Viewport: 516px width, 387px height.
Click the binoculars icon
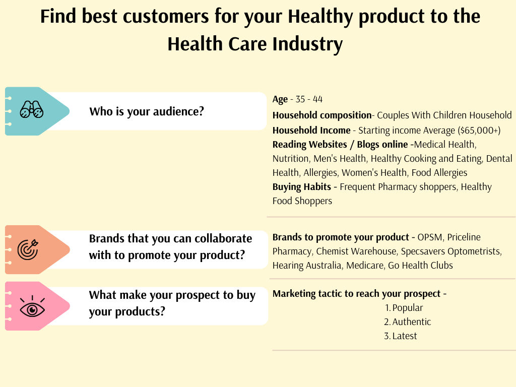pos(32,110)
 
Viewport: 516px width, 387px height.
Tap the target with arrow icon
pos(27,248)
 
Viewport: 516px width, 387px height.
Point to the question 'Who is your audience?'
pos(147,111)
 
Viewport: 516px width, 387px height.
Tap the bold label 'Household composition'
pos(321,115)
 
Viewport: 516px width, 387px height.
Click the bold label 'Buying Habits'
pos(301,187)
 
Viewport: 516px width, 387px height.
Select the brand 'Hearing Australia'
pos(306,265)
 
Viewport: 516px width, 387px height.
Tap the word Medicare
pos(364,265)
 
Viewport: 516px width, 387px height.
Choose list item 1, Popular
pos(407,307)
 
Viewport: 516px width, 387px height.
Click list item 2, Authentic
pos(411,321)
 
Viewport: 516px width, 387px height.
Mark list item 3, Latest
pos(404,336)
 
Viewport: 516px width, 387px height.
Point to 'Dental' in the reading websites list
pos(499,159)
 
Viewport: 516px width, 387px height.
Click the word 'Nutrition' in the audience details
pos(290,159)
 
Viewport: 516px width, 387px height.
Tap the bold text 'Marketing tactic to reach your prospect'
pos(356,293)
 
